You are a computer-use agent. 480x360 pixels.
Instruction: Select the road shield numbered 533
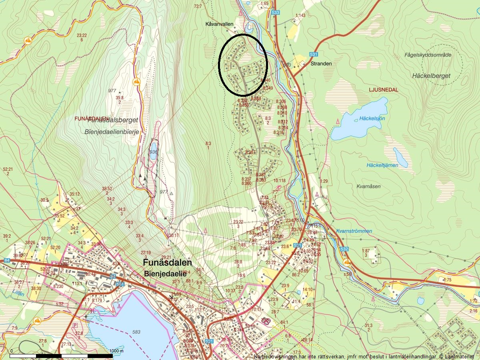[x=275, y=13]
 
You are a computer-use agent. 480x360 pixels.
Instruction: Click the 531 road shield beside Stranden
[x=313, y=54]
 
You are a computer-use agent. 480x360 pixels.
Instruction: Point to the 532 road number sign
[x=344, y=249]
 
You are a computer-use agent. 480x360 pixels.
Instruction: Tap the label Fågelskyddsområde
[x=427, y=55]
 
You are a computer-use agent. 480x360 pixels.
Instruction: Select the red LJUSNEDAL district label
[x=384, y=90]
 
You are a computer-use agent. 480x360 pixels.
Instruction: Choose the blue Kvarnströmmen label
[x=354, y=231]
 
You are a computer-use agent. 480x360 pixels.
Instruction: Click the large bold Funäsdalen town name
[x=167, y=263]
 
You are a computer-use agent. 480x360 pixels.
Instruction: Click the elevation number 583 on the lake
[x=137, y=332]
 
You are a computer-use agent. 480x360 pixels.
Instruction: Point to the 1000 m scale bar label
[x=116, y=351]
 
